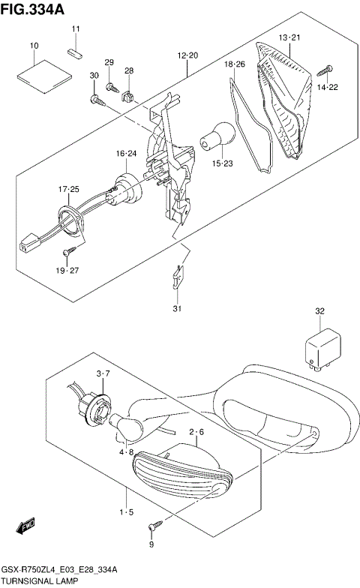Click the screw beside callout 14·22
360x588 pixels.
pos(325,71)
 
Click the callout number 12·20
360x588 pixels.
pos(187,56)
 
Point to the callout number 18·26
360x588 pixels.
pos(235,65)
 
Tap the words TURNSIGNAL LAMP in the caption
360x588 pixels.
pos(34,581)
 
